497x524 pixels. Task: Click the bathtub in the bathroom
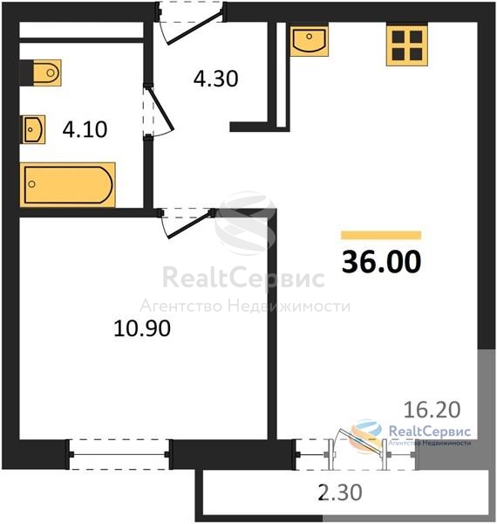(68, 185)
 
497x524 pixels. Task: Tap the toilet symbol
(47, 72)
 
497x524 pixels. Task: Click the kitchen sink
(310, 41)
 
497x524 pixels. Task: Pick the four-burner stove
(407, 45)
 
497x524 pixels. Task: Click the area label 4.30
(216, 79)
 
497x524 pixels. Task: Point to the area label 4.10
(85, 129)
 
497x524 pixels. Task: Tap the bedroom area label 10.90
(142, 328)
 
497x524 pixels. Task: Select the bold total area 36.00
(381, 262)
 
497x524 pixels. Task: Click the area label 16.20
(432, 410)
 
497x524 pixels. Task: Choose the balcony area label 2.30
(340, 493)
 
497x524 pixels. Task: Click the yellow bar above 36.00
(381, 235)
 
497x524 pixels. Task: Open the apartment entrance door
(190, 24)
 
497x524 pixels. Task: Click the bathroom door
(158, 110)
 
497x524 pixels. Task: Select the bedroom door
(187, 223)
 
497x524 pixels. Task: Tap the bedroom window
(119, 454)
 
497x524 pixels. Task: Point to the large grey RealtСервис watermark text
(243, 278)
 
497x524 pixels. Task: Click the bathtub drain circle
(32, 184)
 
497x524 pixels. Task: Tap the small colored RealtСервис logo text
(430, 431)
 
